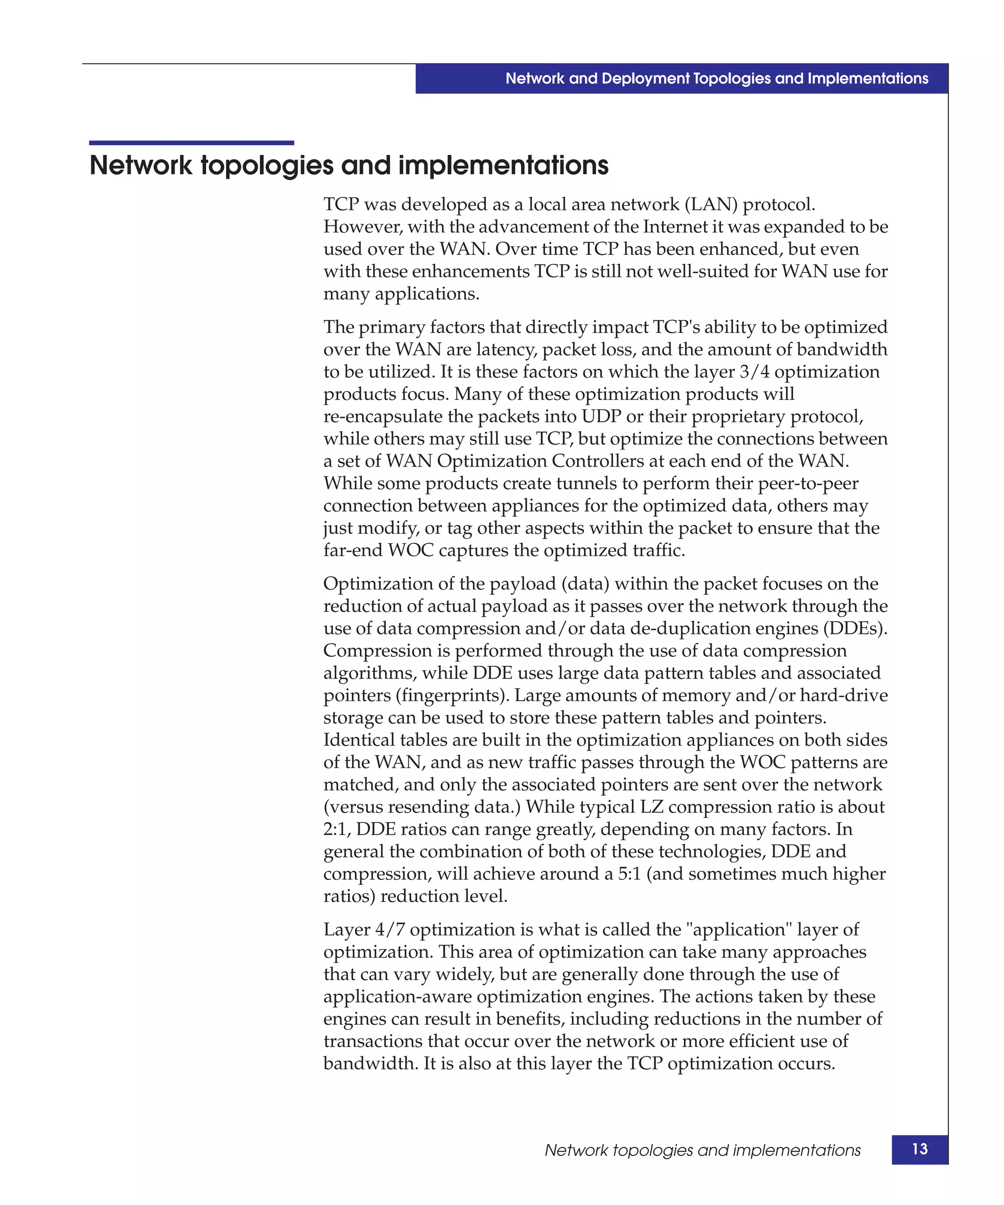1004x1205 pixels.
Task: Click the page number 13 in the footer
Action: (x=919, y=1149)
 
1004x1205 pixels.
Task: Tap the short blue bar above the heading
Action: (x=191, y=143)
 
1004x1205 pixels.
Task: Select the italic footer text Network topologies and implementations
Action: (x=702, y=1150)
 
